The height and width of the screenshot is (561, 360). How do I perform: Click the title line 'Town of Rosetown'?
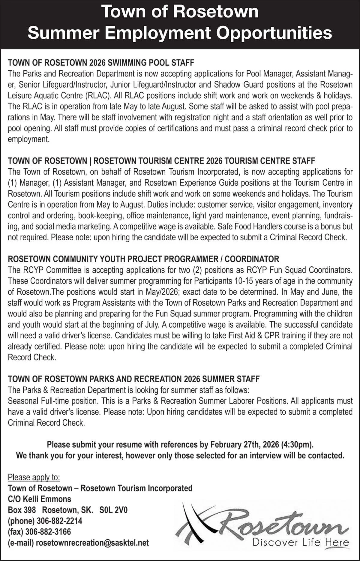point(180,12)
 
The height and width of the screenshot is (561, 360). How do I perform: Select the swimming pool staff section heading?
point(101,63)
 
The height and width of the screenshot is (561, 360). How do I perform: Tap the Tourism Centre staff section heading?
point(161,161)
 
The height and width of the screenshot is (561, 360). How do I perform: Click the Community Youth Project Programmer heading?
point(143,259)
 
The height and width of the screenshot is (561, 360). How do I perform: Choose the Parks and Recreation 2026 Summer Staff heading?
point(133,379)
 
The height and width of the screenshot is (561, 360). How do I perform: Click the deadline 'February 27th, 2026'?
point(245,444)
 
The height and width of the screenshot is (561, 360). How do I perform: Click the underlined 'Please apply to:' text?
point(34,477)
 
